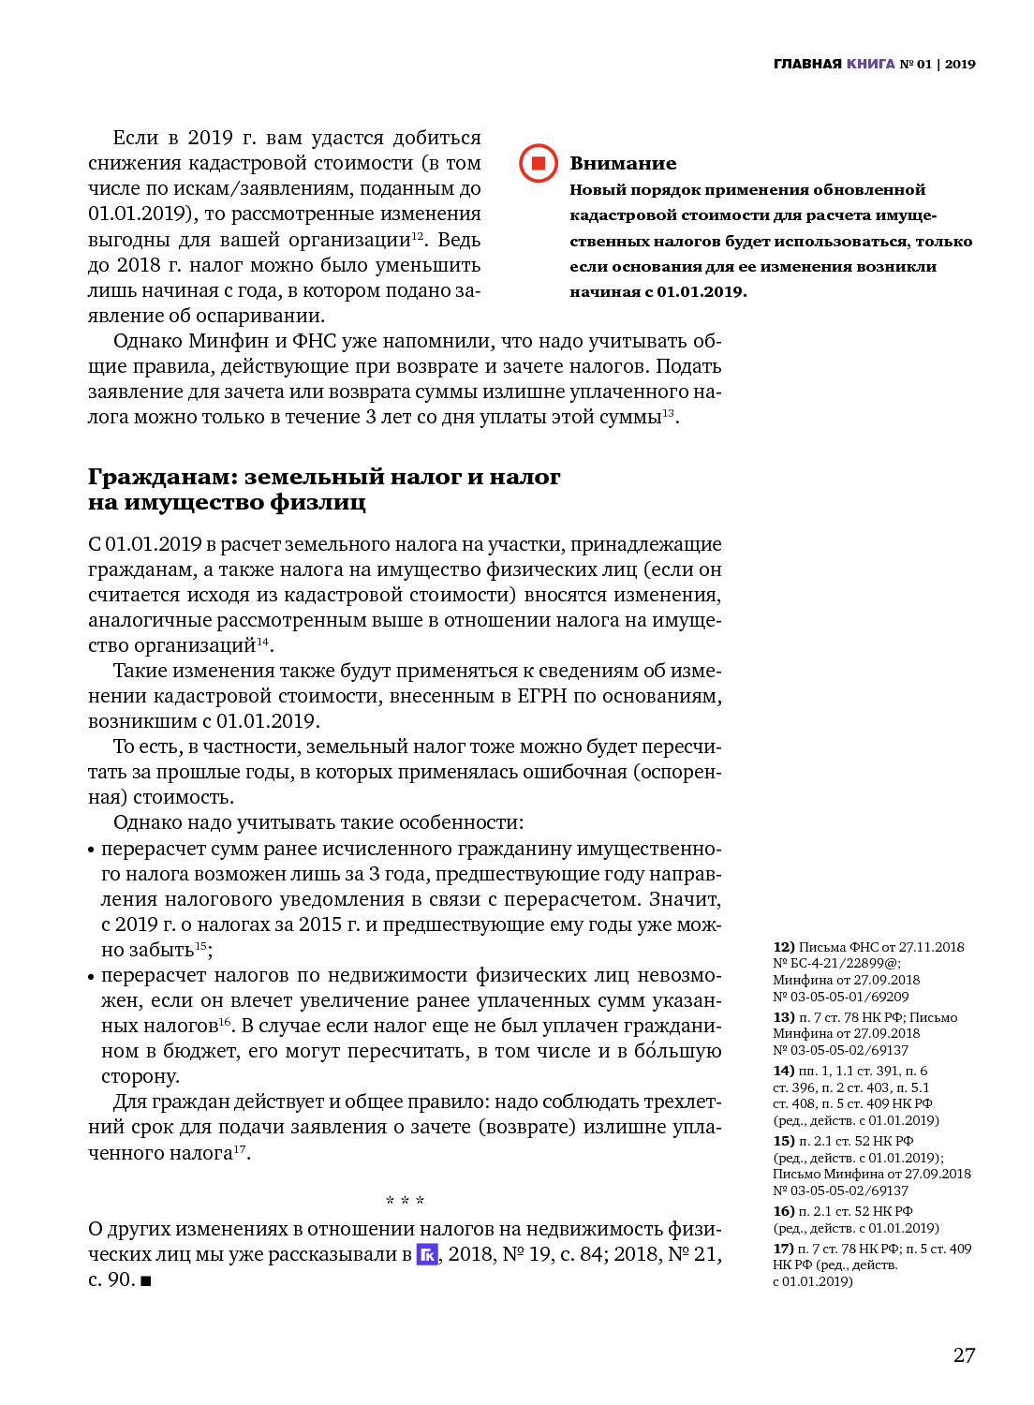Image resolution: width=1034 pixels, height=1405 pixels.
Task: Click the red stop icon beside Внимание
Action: (539, 163)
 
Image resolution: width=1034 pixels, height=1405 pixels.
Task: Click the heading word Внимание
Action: (623, 164)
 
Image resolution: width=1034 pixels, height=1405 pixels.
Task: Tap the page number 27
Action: (964, 1355)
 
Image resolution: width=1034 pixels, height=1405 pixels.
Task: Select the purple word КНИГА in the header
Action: (871, 64)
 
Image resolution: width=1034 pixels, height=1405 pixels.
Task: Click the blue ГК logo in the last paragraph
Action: (427, 1254)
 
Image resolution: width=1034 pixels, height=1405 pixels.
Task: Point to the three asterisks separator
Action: (405, 1201)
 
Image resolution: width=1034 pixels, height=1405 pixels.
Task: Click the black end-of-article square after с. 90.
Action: (146, 1280)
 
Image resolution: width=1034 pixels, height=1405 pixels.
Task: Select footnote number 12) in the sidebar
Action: (784, 947)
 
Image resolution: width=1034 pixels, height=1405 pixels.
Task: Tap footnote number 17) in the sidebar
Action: (784, 1249)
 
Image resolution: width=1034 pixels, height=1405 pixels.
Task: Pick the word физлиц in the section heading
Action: (318, 502)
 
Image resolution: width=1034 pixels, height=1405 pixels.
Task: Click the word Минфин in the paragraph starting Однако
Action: (229, 341)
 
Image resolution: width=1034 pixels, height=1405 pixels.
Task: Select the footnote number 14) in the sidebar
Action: (784, 1071)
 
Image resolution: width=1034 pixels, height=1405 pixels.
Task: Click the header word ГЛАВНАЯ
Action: (807, 64)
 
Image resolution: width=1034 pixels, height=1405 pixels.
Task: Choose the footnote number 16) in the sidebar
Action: (784, 1211)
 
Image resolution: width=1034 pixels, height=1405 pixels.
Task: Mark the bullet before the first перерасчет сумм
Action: (92, 850)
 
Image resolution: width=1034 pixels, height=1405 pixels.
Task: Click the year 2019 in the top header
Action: (960, 64)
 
